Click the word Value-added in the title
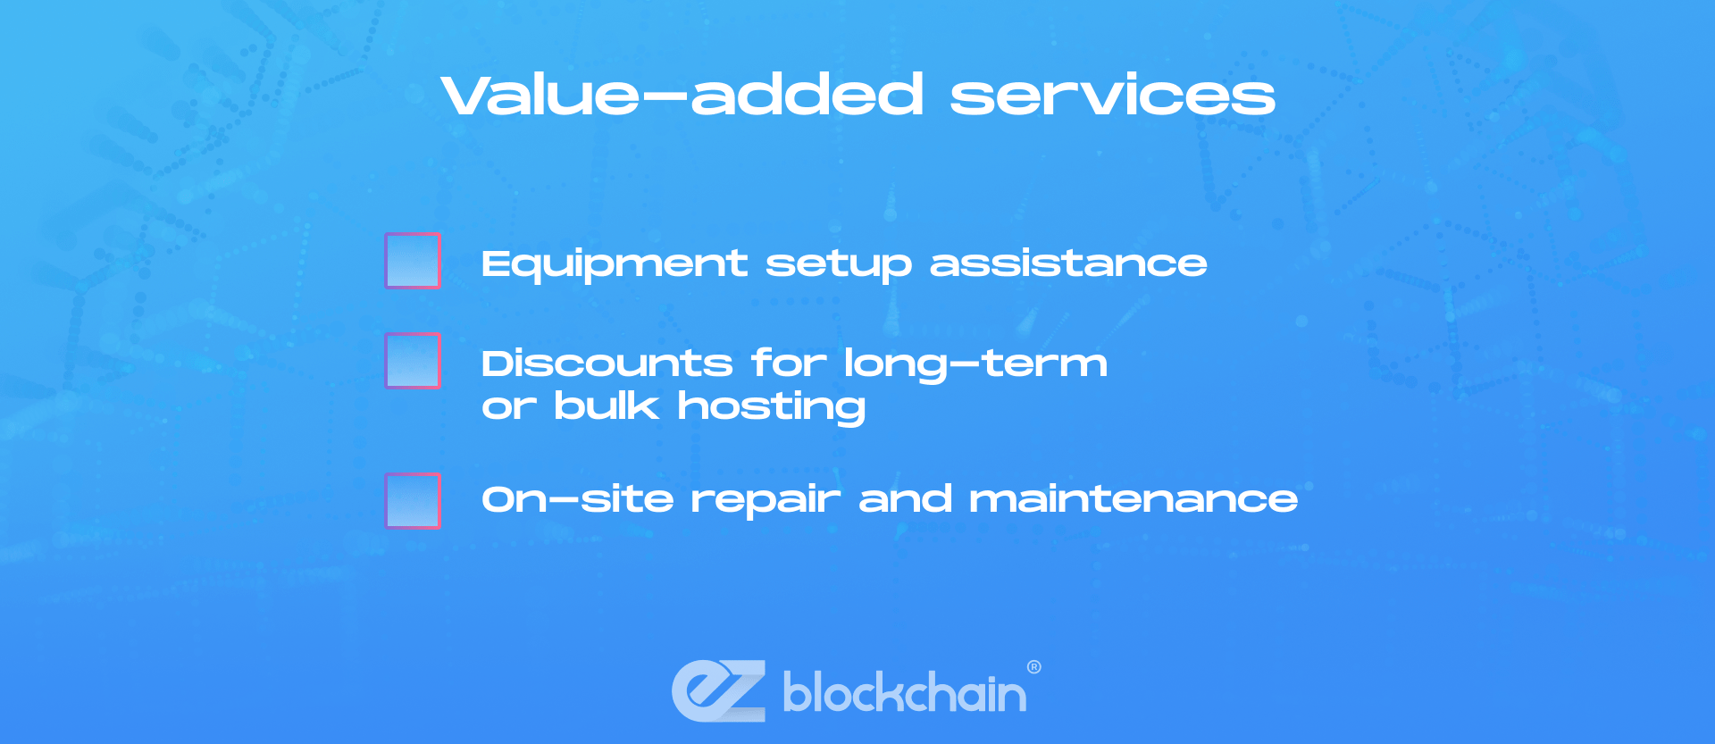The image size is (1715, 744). (682, 95)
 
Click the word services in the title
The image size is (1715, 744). (1112, 96)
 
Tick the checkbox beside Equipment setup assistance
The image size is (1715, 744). (413, 261)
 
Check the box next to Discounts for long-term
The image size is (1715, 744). (413, 361)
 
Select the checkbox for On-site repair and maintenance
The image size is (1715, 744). (413, 501)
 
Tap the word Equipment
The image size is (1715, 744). (615, 264)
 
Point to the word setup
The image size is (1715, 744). (839, 264)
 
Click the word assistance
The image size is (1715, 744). (1068, 263)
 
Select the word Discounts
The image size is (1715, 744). (607, 364)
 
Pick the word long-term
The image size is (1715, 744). (975, 364)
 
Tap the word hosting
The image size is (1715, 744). (772, 407)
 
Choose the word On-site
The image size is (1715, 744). (578, 499)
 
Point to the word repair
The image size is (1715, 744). (765, 501)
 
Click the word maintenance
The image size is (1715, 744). (1134, 499)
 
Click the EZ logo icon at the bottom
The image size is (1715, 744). (719, 690)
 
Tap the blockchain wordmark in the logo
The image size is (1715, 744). (905, 693)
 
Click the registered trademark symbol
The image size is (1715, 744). (1034, 667)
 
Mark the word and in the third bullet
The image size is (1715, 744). (905, 499)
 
